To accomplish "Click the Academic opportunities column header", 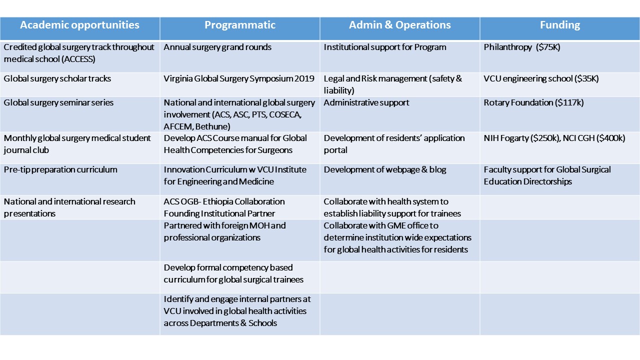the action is click(79, 25).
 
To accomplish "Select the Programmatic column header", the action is click(240, 25).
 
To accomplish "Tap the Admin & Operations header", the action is click(399, 25).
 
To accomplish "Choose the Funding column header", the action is click(560, 25).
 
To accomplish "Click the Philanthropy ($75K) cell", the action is click(522, 47).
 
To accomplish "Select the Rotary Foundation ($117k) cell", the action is click(533, 102).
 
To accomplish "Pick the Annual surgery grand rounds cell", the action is click(217, 47).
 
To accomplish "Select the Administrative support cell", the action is click(366, 102).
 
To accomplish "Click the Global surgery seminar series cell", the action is click(58, 102).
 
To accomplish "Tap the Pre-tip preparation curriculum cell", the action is click(60, 169).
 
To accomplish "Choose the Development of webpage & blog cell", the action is click(385, 169).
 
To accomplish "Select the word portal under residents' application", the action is click(335, 150).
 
